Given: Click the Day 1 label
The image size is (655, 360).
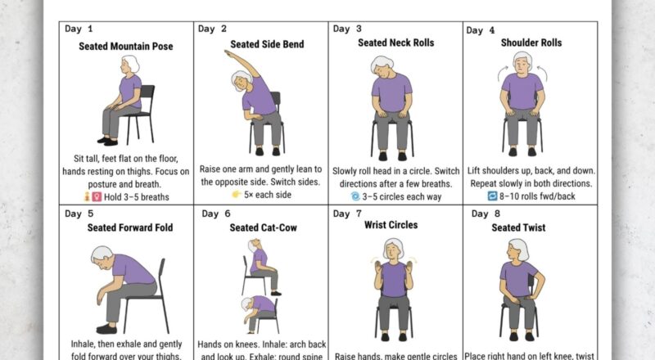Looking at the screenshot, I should click(79, 29).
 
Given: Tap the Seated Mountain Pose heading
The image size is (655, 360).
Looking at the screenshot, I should click(126, 47).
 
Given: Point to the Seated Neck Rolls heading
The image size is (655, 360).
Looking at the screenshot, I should click(395, 43).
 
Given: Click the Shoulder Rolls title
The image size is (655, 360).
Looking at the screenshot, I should click(531, 43).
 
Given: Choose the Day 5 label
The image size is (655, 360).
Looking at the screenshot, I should click(79, 214).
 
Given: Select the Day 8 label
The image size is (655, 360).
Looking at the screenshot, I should click(486, 214).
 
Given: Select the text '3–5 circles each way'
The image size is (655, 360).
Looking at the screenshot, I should click(401, 197).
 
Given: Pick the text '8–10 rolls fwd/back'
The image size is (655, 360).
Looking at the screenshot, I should click(536, 197).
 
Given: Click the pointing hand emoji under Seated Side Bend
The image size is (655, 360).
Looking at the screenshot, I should click(237, 196).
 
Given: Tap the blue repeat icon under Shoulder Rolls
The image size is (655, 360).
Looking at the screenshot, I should click(492, 197).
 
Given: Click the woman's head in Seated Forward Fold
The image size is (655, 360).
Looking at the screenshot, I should click(102, 256).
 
